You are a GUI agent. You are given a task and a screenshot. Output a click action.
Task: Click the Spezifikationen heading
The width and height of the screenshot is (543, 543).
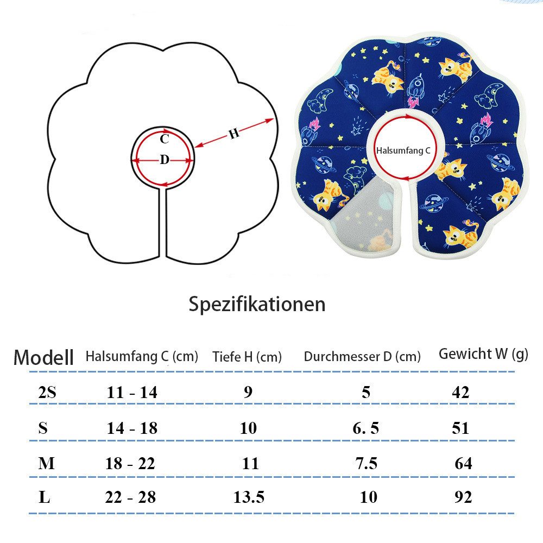click(257, 305)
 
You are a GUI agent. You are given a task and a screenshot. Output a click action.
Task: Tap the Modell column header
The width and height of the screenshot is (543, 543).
click(43, 357)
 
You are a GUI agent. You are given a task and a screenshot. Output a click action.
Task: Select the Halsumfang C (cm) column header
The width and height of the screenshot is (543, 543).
click(142, 356)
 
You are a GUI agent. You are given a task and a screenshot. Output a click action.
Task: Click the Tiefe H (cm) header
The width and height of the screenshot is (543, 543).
click(247, 357)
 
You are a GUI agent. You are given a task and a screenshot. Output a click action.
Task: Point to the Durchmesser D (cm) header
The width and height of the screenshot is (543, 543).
click(362, 357)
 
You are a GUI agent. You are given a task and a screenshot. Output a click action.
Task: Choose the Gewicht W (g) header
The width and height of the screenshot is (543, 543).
click(483, 354)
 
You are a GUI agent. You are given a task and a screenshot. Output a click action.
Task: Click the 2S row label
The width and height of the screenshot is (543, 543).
click(47, 393)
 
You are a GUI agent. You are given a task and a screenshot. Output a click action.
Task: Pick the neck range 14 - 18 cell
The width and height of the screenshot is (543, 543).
click(132, 428)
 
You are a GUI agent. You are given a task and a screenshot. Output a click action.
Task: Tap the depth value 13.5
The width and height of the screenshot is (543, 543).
click(249, 497)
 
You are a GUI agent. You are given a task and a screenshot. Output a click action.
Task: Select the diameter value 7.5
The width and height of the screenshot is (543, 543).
click(367, 463)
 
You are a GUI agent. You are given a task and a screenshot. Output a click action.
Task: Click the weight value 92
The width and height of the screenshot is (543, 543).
click(463, 497)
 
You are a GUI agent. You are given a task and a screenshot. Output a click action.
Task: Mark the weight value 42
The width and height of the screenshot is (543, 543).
click(460, 393)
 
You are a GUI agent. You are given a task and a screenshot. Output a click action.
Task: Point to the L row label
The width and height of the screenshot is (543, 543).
click(45, 497)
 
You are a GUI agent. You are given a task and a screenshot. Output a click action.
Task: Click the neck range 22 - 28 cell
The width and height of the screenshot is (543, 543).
click(130, 497)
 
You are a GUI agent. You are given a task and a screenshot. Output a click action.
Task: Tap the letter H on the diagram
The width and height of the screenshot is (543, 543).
click(234, 134)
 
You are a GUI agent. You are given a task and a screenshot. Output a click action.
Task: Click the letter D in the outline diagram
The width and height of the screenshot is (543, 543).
click(165, 160)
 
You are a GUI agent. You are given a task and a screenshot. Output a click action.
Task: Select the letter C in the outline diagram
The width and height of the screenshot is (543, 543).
click(165, 139)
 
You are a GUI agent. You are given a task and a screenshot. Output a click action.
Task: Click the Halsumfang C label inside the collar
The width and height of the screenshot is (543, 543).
click(403, 150)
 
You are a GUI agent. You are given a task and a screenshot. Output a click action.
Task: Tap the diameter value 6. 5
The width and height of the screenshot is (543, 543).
click(365, 428)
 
